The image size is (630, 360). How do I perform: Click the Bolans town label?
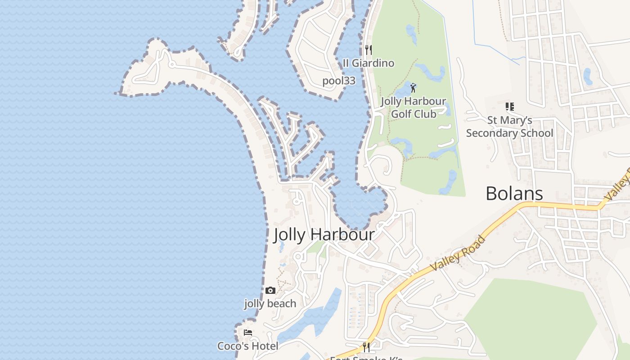pos(514,193)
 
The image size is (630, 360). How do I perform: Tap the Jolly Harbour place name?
pos(324,234)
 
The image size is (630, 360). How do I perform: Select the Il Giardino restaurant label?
pos(368,63)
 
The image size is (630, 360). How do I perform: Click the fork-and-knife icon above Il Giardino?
pos(368,49)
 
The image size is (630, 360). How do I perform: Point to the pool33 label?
pos(339,81)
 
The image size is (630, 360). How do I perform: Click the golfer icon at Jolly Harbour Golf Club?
pos(413,88)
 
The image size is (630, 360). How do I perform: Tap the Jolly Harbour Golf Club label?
pos(413,108)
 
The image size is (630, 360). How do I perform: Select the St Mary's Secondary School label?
pos(509,126)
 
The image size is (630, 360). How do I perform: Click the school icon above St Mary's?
pos(509,107)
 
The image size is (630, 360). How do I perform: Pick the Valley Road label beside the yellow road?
pos(458,253)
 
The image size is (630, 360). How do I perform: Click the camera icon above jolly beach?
pos(270,290)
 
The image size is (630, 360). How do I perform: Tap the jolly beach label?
pos(270,304)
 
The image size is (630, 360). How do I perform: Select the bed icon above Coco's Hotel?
pos(247,333)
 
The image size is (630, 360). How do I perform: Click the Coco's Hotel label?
pos(247,346)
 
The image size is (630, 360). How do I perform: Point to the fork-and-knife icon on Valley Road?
pos(366,347)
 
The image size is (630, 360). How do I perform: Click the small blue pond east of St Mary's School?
pos(588,76)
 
